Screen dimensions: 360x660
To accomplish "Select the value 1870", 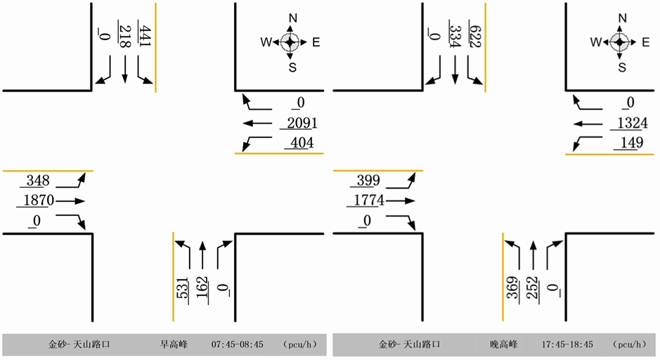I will click(x=38, y=200).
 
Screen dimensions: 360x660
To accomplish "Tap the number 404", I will click(x=299, y=143).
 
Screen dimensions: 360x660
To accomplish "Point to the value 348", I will click(x=38, y=181).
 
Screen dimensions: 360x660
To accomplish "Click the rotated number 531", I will click(x=182, y=288).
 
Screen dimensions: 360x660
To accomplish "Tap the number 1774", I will click(x=368, y=200).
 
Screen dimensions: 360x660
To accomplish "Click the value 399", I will click(x=368, y=181).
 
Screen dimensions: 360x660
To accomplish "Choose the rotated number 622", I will click(x=474, y=36).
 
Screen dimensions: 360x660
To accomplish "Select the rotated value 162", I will click(x=202, y=288).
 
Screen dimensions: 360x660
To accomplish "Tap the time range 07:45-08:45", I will click(x=237, y=345).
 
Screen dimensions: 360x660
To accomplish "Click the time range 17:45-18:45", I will click(x=567, y=345).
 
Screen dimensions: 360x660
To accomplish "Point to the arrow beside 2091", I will click(x=257, y=124).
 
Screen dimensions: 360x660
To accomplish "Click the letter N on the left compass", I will click(x=292, y=18).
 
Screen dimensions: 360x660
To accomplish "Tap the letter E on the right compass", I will click(x=645, y=42).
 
